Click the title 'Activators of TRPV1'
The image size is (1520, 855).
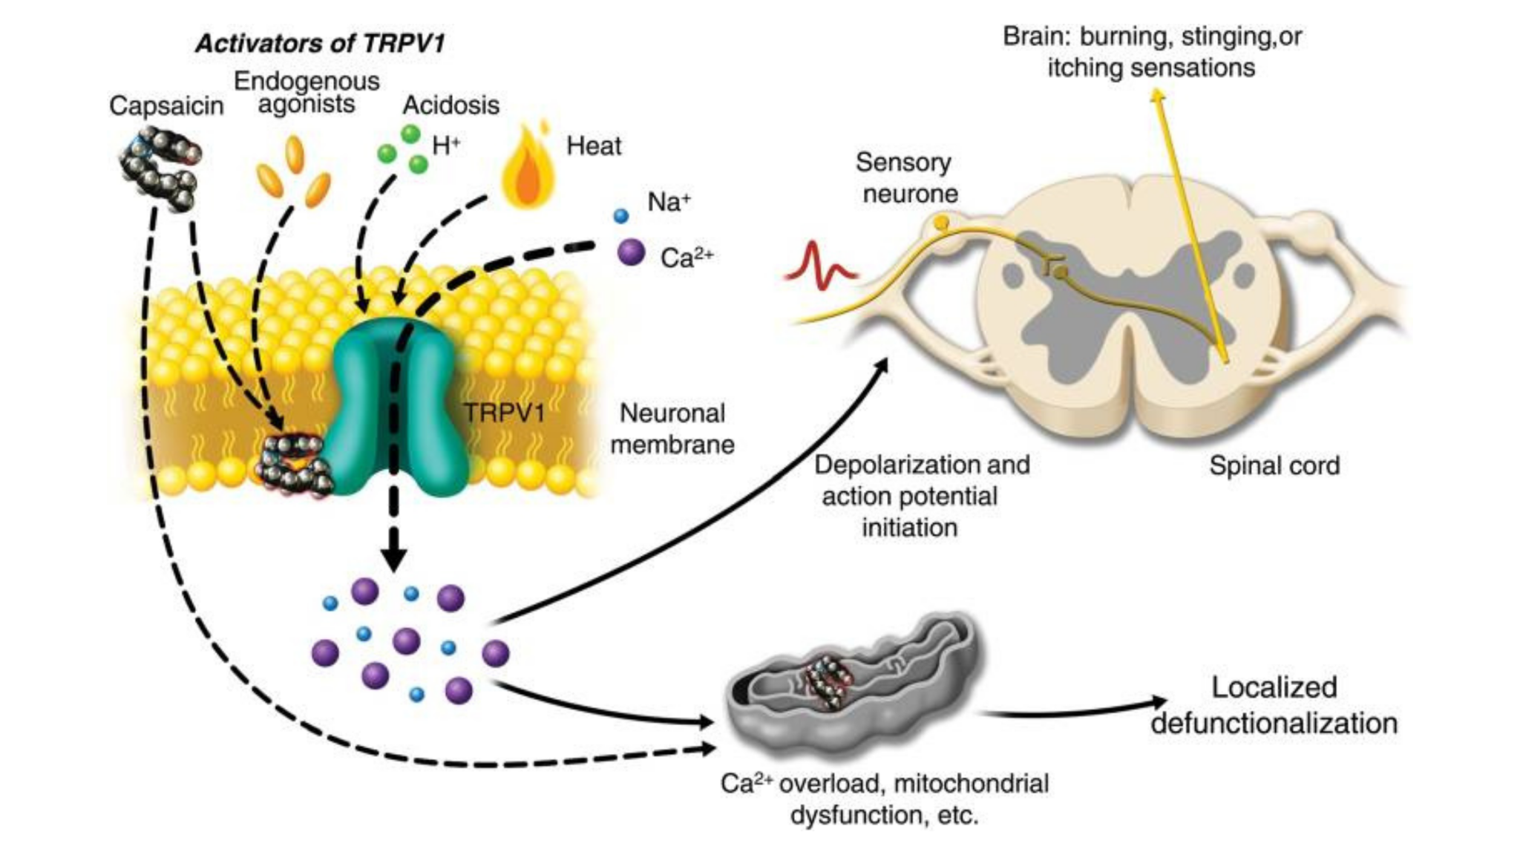coord(320,43)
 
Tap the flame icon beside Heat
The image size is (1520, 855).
coord(528,165)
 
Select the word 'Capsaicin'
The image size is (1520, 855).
coord(166,106)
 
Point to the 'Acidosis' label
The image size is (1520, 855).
coord(451,105)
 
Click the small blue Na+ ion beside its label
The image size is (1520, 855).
coord(621,216)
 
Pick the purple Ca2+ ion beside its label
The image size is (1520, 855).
coord(631,252)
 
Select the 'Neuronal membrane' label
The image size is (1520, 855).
coord(672,429)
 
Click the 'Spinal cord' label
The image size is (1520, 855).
coord(1274,466)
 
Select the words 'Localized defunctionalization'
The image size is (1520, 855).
coord(1274,705)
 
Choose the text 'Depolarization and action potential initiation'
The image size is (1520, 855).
coord(922,497)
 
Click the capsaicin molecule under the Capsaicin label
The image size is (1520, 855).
coord(160,168)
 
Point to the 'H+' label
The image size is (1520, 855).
coord(446,145)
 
